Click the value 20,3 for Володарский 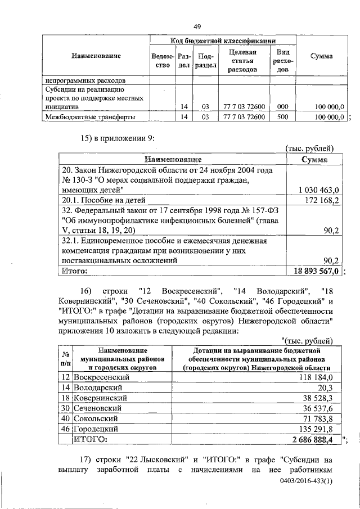pyautogui.click(x=326, y=388)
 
